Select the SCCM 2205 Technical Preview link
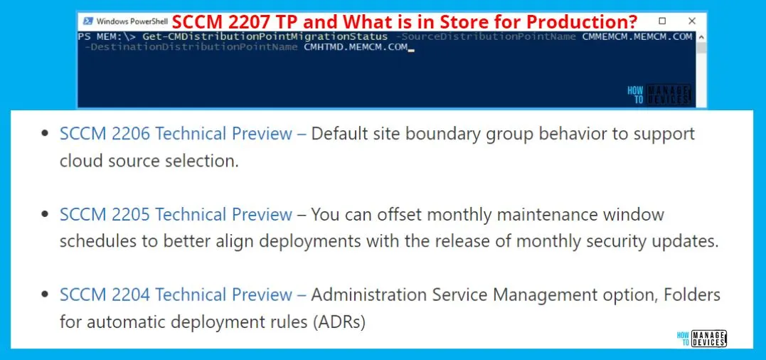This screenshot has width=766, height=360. [x=176, y=214]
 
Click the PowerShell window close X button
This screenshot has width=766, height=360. [x=692, y=21]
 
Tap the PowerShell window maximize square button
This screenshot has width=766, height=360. [x=662, y=21]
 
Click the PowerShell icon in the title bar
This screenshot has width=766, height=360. [x=88, y=21]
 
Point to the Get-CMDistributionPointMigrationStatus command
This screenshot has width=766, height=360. [x=265, y=36]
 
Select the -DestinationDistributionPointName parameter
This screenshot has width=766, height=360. [x=191, y=47]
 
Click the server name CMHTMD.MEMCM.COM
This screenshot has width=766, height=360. [x=356, y=47]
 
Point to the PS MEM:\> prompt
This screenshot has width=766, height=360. [x=107, y=36]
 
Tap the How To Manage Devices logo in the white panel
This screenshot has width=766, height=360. [x=701, y=339]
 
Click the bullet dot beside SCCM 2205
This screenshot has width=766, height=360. [x=46, y=214]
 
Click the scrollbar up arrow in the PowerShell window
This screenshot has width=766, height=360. [x=701, y=37]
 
